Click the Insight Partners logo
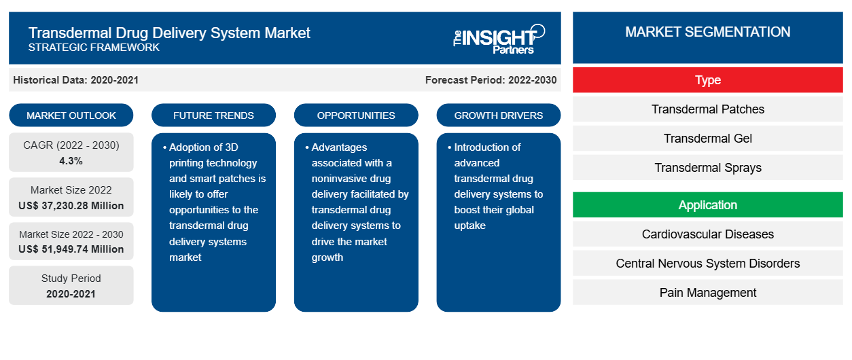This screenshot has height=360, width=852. tap(499, 39)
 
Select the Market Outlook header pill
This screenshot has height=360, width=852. tap(71, 115)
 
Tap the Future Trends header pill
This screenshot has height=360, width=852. tap(213, 115)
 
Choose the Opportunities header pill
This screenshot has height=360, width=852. tap(356, 115)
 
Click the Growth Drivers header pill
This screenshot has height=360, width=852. tap(499, 115)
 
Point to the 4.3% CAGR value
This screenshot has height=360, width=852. tap(71, 161)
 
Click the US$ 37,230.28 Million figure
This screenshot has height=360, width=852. tap(71, 205)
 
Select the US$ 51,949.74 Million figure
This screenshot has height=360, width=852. tap(71, 249)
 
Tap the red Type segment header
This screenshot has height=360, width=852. tap(707, 80)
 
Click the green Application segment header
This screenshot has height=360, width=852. tap(707, 205)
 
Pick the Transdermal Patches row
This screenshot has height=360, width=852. tap(707, 109)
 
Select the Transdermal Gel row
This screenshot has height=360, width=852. tap(707, 139)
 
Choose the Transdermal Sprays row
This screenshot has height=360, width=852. tap(707, 168)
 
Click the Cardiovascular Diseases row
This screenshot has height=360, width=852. tap(707, 234)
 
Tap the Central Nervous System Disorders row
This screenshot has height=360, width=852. tap(707, 264)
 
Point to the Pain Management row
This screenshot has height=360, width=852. tap(707, 293)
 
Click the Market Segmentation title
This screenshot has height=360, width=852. tap(707, 32)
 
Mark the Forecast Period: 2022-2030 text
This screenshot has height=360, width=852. tap(491, 80)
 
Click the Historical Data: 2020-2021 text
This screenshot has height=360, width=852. tap(75, 80)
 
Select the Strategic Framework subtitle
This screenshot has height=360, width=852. tap(94, 48)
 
